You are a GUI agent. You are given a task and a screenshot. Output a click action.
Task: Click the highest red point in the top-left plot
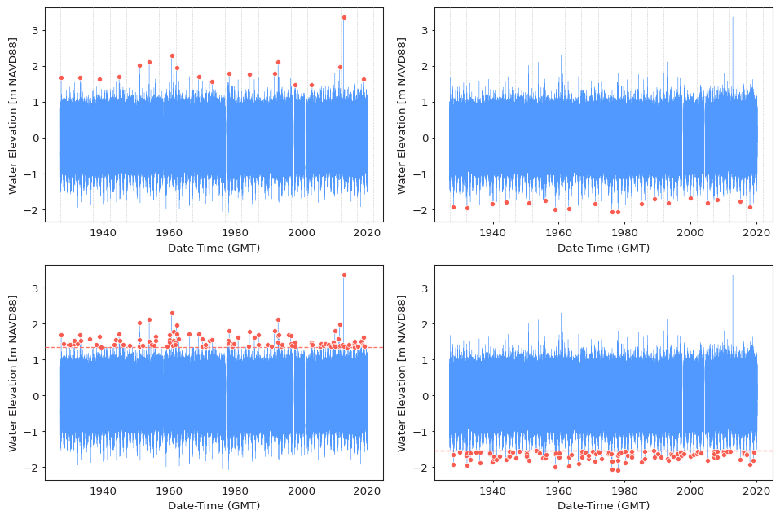(x=344, y=17)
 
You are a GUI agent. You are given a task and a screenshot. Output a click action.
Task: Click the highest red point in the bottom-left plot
(x=344, y=275)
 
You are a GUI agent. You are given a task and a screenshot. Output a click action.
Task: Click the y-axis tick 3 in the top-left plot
(x=35, y=30)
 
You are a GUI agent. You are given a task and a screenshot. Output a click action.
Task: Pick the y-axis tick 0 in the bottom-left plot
(x=35, y=396)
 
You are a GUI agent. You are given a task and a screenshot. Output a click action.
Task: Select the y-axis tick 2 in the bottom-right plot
(x=425, y=324)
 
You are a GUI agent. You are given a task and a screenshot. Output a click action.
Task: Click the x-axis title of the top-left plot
(x=214, y=248)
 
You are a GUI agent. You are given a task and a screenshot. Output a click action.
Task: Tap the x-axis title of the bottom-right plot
(x=603, y=505)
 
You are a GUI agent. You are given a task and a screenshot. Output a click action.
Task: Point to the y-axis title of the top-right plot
(x=402, y=115)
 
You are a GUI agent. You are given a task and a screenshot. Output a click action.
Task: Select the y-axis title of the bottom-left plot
(x=13, y=372)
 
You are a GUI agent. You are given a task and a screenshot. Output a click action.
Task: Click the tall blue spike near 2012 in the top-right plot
(x=732, y=33)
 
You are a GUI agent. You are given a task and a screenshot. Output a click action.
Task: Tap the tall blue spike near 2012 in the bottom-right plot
(x=732, y=290)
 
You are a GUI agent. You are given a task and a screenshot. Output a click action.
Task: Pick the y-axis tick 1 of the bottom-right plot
(x=425, y=360)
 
